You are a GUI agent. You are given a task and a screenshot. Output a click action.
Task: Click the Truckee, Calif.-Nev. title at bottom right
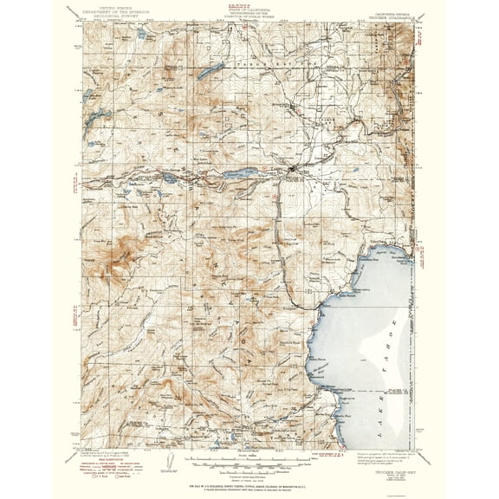tap(394, 456)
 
